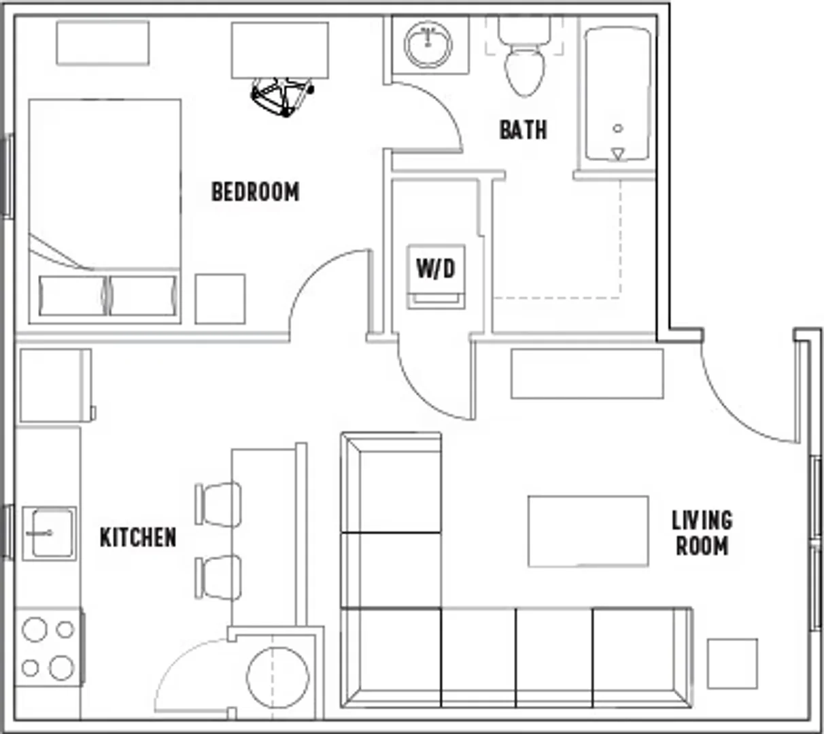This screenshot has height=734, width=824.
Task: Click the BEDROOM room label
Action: point(256,192)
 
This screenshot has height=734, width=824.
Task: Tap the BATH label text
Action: point(523,130)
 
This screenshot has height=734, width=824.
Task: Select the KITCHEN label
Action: point(138,537)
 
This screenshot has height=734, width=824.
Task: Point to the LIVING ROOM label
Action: point(702,533)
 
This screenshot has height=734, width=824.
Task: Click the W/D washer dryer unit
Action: point(436,277)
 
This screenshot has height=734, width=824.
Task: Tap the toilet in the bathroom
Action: point(525,57)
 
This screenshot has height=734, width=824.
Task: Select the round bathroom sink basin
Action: point(428,45)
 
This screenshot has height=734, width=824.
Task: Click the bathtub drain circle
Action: point(618,128)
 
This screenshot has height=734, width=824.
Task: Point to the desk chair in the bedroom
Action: point(282,97)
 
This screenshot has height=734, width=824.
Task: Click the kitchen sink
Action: point(49,534)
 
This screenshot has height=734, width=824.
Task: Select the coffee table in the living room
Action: point(588,531)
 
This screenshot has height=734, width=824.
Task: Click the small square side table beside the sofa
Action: point(732,663)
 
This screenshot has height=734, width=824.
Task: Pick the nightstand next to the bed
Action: point(220,299)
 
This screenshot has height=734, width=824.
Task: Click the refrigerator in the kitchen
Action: point(56,385)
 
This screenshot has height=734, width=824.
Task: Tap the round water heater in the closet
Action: point(277,678)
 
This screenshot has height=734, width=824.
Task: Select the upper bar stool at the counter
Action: point(218,504)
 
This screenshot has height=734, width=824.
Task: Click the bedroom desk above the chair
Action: point(280,50)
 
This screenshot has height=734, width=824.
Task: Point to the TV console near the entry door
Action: point(587,373)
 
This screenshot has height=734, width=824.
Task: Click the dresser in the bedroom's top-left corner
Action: point(103,43)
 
